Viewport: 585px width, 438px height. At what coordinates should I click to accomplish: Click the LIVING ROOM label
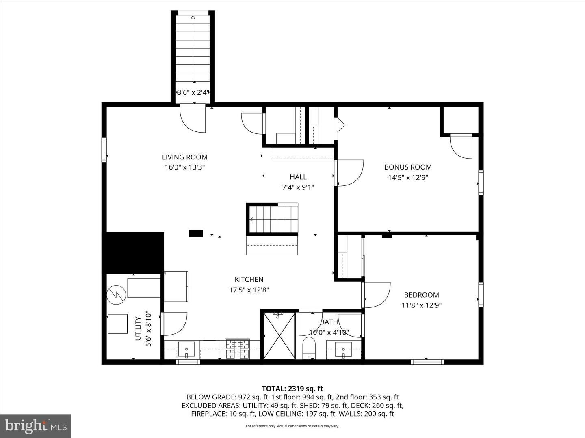pyautogui.click(x=185, y=157)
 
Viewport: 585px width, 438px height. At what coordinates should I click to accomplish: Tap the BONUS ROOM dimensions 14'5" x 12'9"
pyautogui.click(x=408, y=177)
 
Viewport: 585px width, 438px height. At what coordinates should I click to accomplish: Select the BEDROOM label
pyautogui.click(x=421, y=295)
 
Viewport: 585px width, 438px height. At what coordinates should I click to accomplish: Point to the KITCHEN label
pyautogui.click(x=249, y=279)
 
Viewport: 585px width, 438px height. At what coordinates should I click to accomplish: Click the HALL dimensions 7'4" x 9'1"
pyautogui.click(x=298, y=187)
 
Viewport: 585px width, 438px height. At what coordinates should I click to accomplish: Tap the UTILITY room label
pyautogui.click(x=138, y=328)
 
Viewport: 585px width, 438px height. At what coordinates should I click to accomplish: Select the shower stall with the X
pyautogui.click(x=279, y=336)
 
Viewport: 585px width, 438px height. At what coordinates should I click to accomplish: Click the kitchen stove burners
pyautogui.click(x=237, y=349)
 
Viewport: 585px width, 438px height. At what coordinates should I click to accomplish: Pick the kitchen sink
pyautogui.click(x=186, y=350)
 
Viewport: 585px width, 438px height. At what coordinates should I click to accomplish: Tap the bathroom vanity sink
pyautogui.click(x=343, y=350)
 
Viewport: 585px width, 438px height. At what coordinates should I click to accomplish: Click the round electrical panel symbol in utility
pyautogui.click(x=116, y=295)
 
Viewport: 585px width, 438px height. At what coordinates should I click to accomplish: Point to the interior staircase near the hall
pyautogui.click(x=272, y=220)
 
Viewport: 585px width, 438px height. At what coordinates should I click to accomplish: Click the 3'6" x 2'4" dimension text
pyautogui.click(x=193, y=92)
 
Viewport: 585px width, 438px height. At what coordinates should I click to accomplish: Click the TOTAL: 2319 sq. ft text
pyautogui.click(x=292, y=389)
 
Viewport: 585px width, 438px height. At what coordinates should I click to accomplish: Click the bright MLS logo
pyautogui.click(x=36, y=426)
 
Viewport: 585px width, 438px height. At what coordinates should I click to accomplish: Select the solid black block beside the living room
pyautogui.click(x=133, y=253)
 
